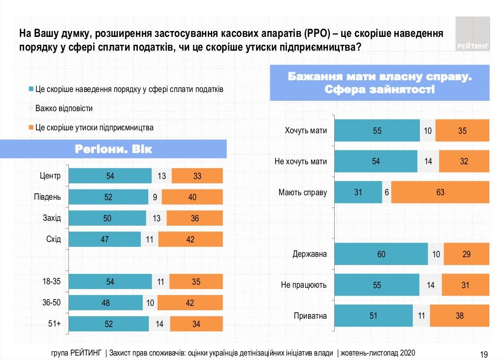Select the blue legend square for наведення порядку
(x=31, y=90)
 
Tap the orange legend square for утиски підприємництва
(x=31, y=127)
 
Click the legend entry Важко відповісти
(x=64, y=108)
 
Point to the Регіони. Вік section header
(x=113, y=149)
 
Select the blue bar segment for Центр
(x=110, y=176)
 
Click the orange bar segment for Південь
(x=192, y=197)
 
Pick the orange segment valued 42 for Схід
(x=190, y=240)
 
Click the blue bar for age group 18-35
(x=110, y=282)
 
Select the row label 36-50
(x=51, y=302)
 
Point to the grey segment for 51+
(x=159, y=324)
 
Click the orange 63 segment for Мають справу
(x=440, y=192)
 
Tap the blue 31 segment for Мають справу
(x=358, y=192)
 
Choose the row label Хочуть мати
(x=306, y=131)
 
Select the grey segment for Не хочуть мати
(x=428, y=161)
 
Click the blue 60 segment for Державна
(x=381, y=254)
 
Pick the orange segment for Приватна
(x=459, y=316)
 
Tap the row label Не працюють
(x=304, y=285)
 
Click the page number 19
(x=483, y=354)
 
